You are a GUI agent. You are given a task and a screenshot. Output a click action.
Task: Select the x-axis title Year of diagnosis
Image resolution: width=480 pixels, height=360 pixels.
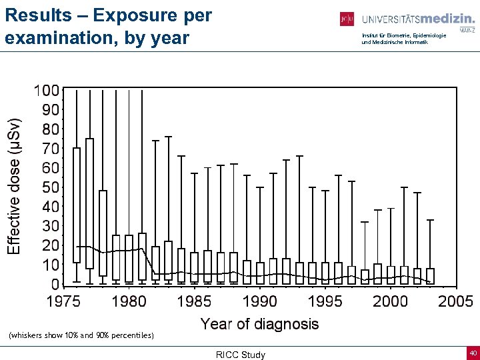(259, 324)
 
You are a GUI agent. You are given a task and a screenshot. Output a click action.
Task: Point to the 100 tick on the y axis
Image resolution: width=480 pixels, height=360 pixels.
(47, 90)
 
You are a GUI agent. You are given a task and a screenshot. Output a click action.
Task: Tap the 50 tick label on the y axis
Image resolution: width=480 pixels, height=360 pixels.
(51, 187)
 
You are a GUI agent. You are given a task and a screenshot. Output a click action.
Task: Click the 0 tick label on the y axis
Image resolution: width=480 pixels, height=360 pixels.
(56, 284)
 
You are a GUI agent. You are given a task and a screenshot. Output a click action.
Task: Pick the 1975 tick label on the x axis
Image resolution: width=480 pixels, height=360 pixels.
(63, 302)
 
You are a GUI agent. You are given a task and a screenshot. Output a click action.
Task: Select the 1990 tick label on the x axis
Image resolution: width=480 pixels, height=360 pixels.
(259, 302)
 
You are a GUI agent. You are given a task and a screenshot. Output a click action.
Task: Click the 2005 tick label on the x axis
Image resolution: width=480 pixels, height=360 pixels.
(455, 302)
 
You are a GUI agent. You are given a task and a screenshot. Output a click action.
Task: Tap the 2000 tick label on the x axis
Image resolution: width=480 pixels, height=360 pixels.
(390, 302)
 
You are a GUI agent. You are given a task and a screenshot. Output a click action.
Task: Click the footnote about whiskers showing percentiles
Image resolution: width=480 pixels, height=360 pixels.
(81, 335)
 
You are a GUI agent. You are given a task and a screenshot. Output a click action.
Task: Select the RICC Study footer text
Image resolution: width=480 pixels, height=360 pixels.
(241, 355)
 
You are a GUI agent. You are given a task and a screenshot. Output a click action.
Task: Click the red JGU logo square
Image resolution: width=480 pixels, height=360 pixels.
(347, 19)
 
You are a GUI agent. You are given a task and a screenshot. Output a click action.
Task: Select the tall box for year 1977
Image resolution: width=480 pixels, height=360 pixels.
(89, 203)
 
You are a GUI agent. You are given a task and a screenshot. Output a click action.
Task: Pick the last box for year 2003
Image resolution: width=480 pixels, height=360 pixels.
(430, 276)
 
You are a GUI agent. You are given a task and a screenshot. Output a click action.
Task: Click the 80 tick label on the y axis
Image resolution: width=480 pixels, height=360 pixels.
(51, 129)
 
